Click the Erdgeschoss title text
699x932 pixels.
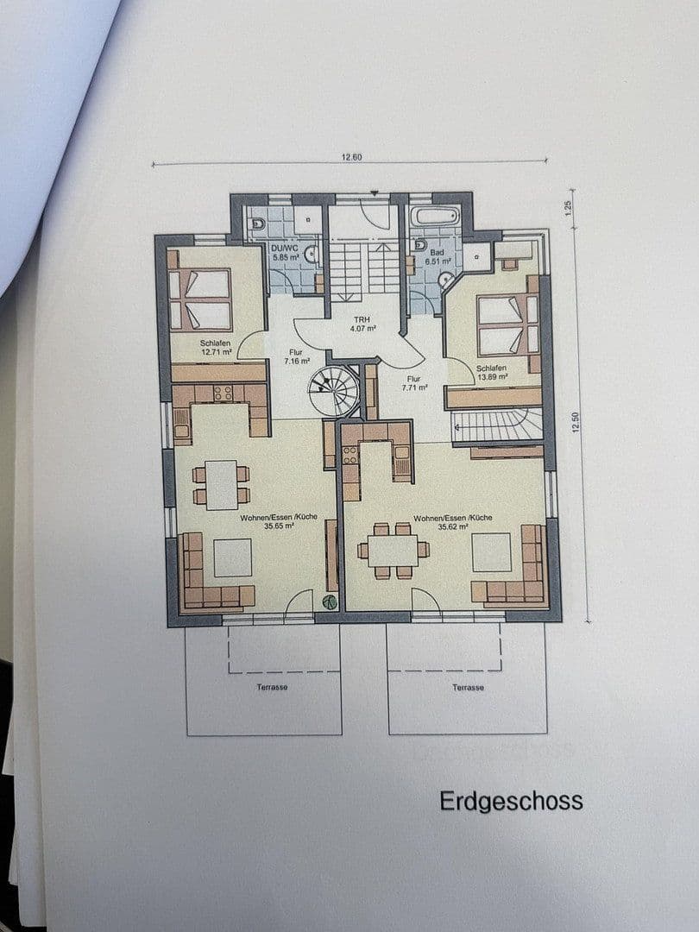pos(511,801)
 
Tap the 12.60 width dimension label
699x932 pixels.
pos(350,157)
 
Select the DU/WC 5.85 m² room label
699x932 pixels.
pos(285,252)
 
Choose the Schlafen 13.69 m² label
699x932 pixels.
pos(492,372)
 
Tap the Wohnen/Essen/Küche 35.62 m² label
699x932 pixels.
pos(452,521)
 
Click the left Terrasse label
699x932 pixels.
pos(272,687)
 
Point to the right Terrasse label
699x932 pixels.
pos(468,688)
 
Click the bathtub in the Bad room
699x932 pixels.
pos(435,216)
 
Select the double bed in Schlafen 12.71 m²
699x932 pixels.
pos(200,299)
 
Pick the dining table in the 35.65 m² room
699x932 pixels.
pos(222,484)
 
